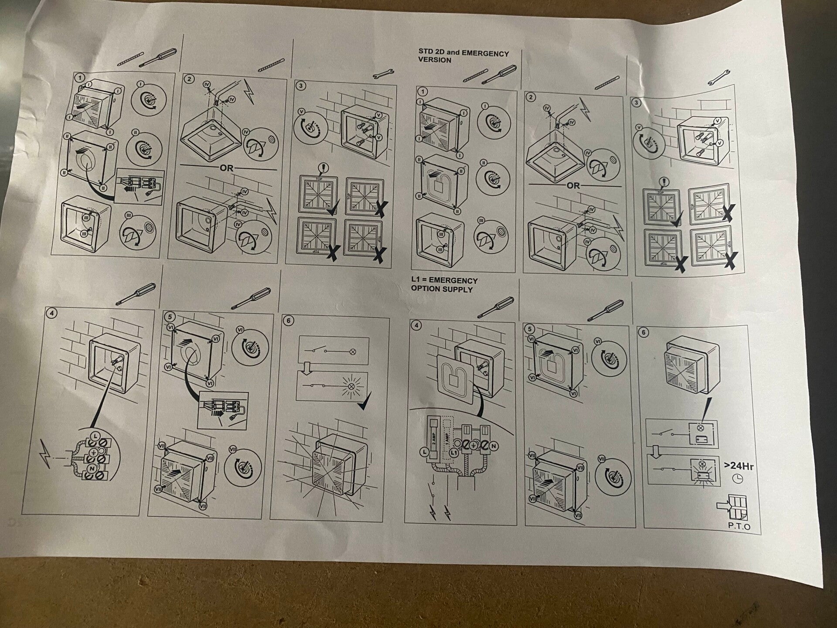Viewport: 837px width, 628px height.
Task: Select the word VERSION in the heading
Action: (435, 60)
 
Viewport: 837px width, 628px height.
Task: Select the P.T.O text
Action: (739, 526)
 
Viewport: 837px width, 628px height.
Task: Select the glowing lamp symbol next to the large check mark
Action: (350, 386)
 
